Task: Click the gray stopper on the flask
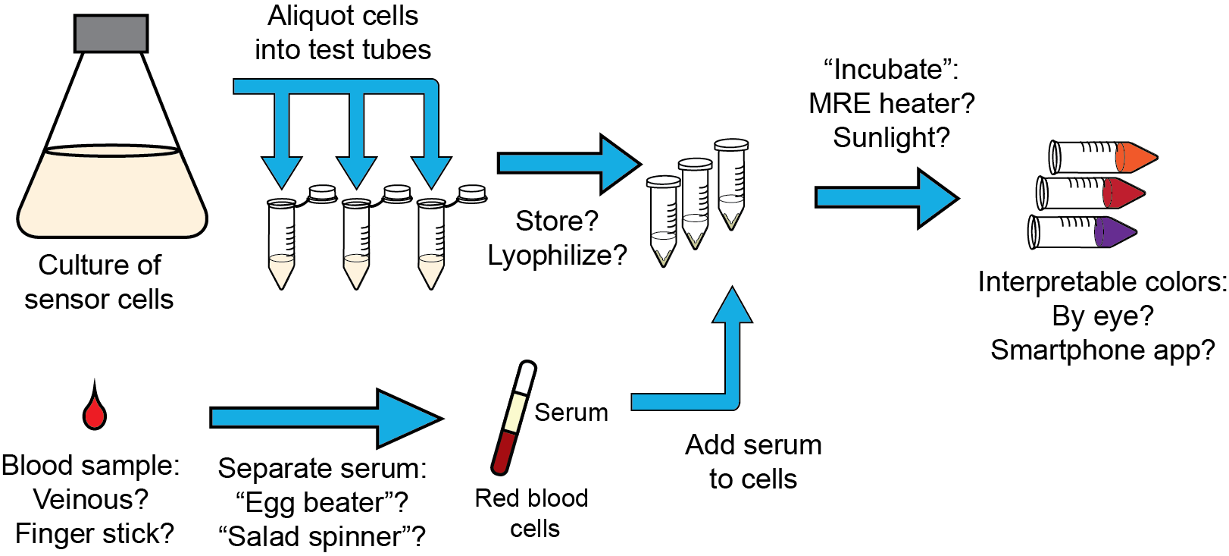point(111,33)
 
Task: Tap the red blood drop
point(95,411)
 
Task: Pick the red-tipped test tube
point(1091,193)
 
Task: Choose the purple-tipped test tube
point(1084,231)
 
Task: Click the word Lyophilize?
point(557,256)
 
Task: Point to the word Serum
point(571,413)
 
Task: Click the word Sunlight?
point(891,137)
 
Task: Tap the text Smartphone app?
point(1102,350)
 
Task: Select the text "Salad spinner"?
point(322,536)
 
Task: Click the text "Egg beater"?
point(322,502)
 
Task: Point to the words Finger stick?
point(95,533)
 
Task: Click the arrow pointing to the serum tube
point(326,418)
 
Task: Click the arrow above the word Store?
point(568,164)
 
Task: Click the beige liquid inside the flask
point(112,193)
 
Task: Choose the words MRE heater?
point(891,103)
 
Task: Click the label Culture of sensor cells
point(99,282)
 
